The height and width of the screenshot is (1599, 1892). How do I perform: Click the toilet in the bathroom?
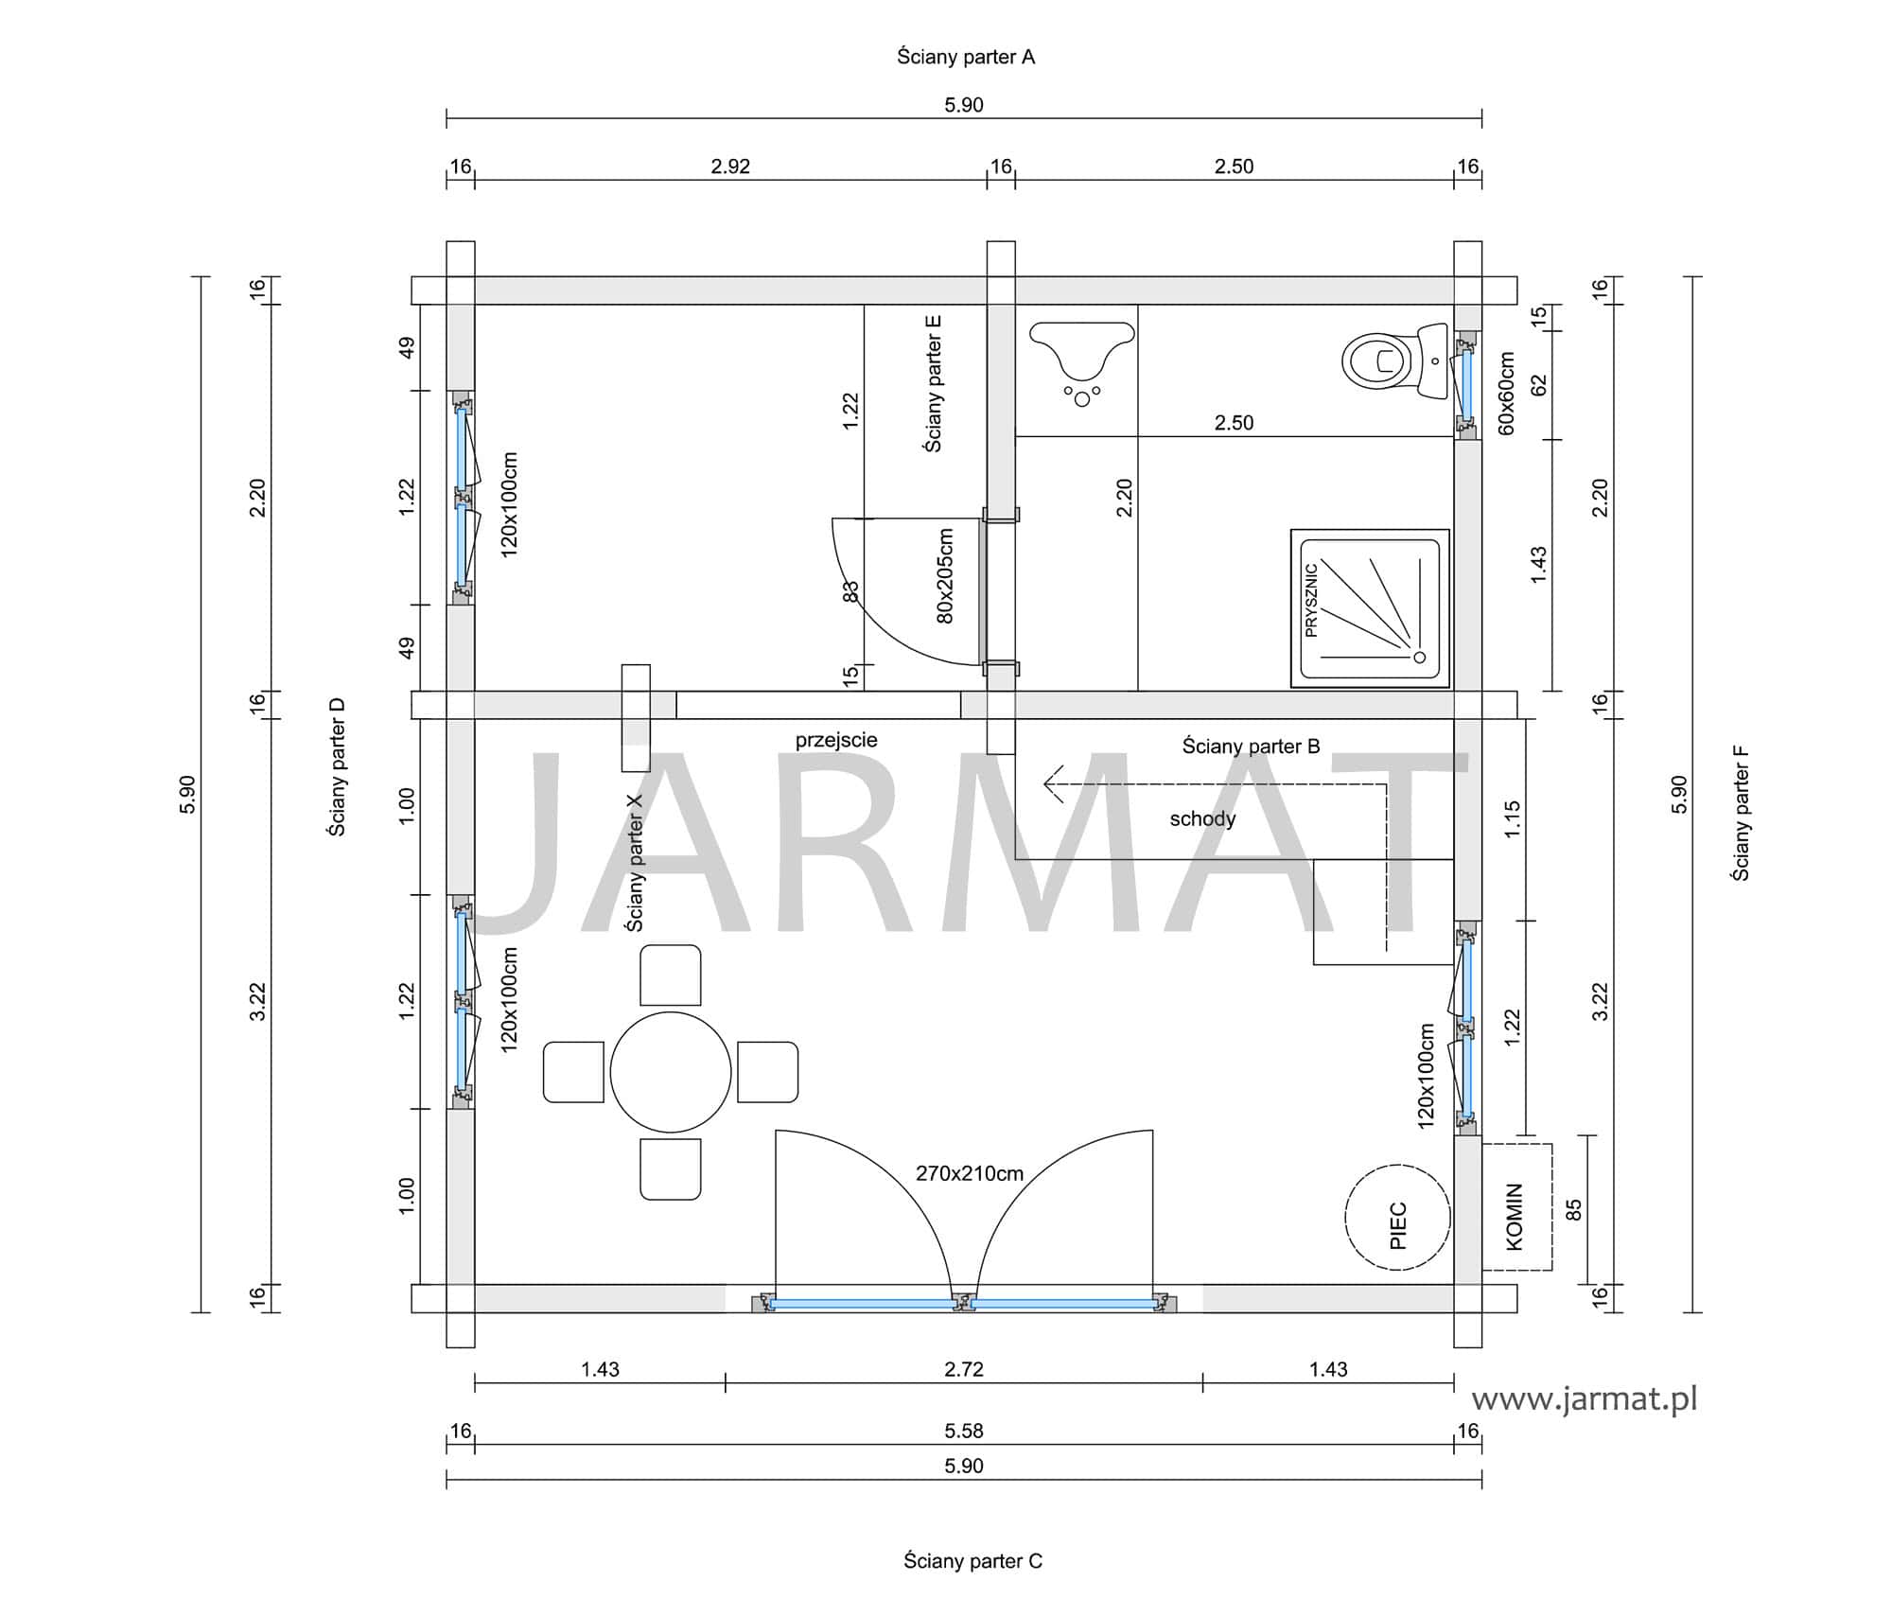click(1394, 360)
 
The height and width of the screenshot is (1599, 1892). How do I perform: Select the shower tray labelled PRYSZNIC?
click(1370, 608)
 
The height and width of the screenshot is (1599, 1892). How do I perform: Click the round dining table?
click(671, 1071)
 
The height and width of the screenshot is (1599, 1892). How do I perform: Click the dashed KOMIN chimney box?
click(1516, 1206)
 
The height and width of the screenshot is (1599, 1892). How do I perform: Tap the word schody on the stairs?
click(1202, 818)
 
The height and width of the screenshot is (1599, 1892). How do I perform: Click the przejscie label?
click(836, 740)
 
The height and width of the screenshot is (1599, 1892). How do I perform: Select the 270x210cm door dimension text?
click(970, 1173)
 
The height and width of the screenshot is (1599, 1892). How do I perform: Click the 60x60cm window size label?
click(1507, 393)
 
